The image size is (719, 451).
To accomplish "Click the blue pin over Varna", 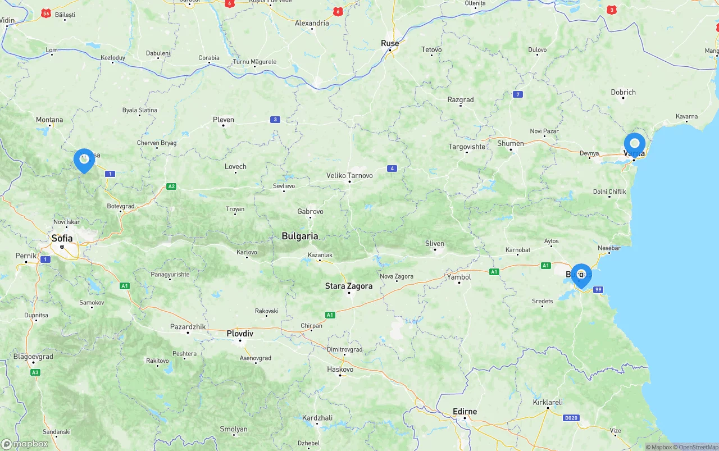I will (x=635, y=144).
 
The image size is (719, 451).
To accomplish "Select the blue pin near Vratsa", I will (x=84, y=160).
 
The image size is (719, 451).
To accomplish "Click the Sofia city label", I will (x=62, y=238).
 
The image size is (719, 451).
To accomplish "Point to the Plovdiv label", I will (x=240, y=334).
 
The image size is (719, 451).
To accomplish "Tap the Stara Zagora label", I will (x=348, y=286).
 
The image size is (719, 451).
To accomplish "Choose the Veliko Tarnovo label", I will (x=349, y=175).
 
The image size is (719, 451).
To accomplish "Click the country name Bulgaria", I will (x=300, y=236).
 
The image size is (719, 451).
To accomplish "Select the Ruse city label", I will (x=390, y=43).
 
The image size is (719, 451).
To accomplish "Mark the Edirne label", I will (x=465, y=412).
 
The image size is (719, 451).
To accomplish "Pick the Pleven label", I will (x=224, y=120).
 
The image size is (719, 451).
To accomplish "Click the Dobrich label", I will (x=624, y=92).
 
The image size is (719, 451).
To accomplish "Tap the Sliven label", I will (x=435, y=244).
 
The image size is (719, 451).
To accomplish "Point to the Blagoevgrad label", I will (x=33, y=357).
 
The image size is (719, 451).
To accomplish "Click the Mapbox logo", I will (x=25, y=444).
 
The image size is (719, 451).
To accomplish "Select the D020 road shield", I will (x=571, y=418).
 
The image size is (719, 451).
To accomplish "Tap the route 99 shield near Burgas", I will (x=598, y=289).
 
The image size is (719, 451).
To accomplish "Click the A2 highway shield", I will (x=171, y=186).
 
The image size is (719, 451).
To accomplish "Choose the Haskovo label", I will (x=340, y=370).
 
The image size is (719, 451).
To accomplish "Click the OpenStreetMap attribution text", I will (x=698, y=447).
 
